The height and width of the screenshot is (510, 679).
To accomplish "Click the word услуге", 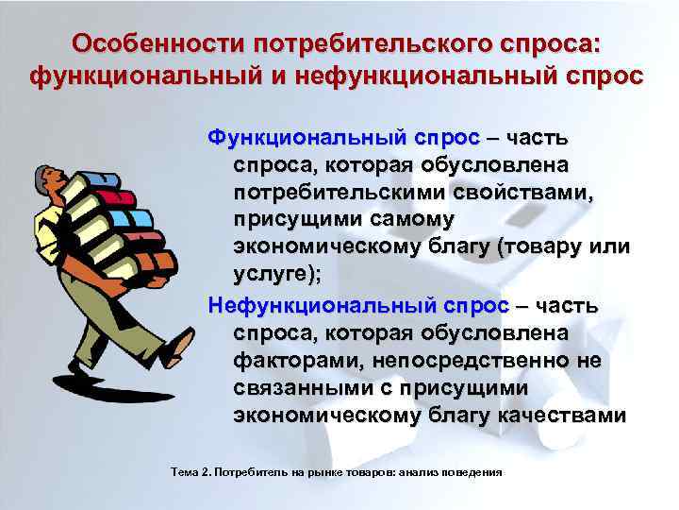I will (x=274, y=275).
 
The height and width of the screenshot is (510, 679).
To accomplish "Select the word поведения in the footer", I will (x=475, y=470).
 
